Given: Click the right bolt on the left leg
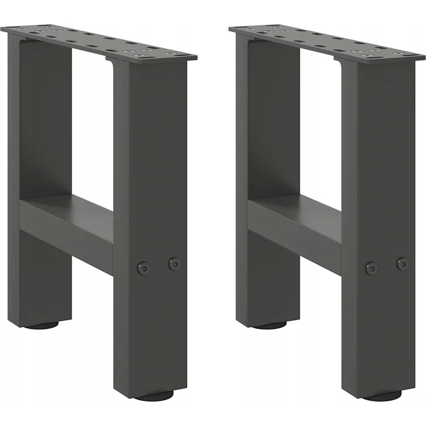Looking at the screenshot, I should click(x=174, y=263).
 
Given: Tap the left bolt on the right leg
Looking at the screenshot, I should click(x=372, y=268).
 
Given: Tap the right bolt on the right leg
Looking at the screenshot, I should click(x=402, y=263).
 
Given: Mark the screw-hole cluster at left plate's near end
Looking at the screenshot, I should click(x=150, y=52).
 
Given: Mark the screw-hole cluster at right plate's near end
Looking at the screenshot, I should click(x=378, y=52).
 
